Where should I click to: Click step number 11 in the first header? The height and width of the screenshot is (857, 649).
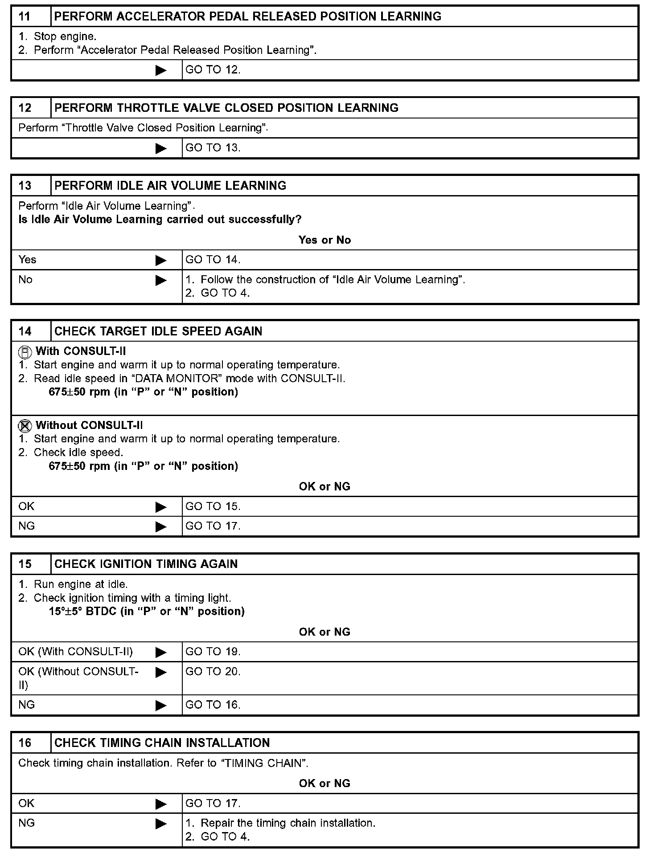25,16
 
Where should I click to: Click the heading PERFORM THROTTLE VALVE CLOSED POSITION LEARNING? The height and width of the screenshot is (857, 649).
226,108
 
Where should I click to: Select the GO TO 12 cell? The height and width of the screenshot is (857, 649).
213,70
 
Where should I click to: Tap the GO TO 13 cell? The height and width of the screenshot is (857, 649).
213,148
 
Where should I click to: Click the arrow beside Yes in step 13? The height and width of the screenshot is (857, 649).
160,260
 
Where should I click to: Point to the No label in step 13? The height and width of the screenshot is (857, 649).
25,280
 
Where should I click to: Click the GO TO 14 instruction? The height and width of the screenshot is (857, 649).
213,260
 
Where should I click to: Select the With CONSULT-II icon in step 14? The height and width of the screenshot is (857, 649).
25,352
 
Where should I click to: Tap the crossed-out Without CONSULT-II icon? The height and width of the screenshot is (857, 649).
25,426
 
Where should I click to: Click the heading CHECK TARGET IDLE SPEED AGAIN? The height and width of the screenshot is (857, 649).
158,331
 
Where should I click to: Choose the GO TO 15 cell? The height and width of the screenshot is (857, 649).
213,506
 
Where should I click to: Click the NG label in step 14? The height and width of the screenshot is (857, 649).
26,526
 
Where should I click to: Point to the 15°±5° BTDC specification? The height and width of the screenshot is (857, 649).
147,611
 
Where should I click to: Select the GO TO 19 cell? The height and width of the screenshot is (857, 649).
213,652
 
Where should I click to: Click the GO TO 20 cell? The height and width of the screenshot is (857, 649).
213,672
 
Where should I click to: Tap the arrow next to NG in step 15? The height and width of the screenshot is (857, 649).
160,705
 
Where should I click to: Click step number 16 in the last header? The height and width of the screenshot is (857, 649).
25,743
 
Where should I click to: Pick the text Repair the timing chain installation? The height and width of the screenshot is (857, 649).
288,823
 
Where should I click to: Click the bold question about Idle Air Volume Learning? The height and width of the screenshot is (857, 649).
160,220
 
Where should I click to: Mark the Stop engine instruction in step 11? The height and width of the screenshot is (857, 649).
65,37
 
